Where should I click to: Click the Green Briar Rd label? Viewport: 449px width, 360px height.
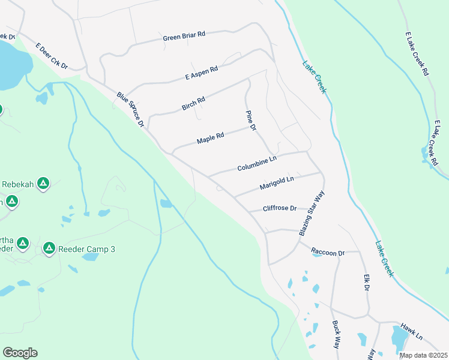pyautogui.click(x=184, y=36)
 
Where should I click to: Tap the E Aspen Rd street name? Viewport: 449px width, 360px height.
pyautogui.click(x=202, y=73)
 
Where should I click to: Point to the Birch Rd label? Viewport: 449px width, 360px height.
pyautogui.click(x=193, y=104)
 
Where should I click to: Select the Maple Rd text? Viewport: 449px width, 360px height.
pyautogui.click(x=210, y=139)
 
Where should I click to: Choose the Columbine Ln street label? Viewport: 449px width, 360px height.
pyautogui.click(x=256, y=164)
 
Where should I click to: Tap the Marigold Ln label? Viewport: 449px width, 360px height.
pyautogui.click(x=277, y=183)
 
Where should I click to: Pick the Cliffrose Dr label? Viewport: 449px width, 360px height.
pyautogui.click(x=280, y=208)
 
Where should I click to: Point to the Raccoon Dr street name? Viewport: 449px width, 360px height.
pyautogui.click(x=328, y=253)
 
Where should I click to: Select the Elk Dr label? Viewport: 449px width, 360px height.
pyautogui.click(x=366, y=283)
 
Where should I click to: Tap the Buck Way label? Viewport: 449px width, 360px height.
pyautogui.click(x=336, y=334)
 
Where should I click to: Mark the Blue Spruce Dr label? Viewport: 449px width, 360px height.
pyautogui.click(x=131, y=109)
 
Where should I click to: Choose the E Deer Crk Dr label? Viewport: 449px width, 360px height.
pyautogui.click(x=52, y=56)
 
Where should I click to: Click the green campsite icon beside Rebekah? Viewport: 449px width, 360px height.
pyautogui.click(x=43, y=184)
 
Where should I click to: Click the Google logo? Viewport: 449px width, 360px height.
pyautogui.click(x=20, y=353)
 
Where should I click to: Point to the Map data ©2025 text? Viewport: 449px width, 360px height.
pyautogui.click(x=423, y=355)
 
